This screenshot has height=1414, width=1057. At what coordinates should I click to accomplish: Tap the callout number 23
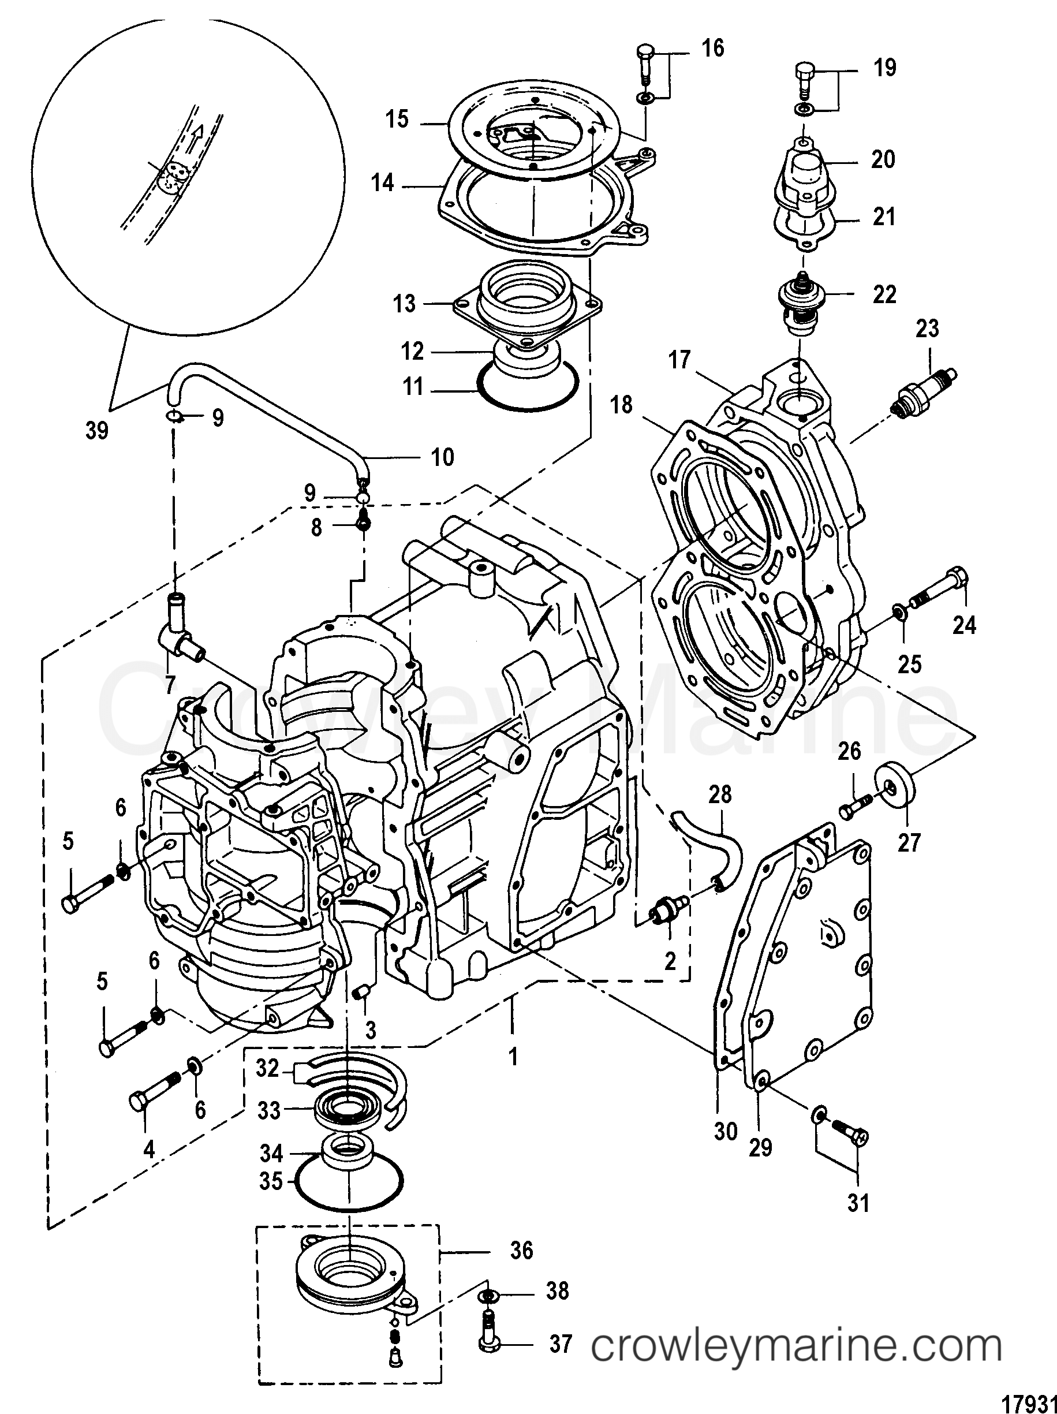point(928,329)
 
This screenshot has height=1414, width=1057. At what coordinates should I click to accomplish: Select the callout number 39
point(97,431)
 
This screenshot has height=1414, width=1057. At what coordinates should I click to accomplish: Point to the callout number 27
point(909,842)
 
